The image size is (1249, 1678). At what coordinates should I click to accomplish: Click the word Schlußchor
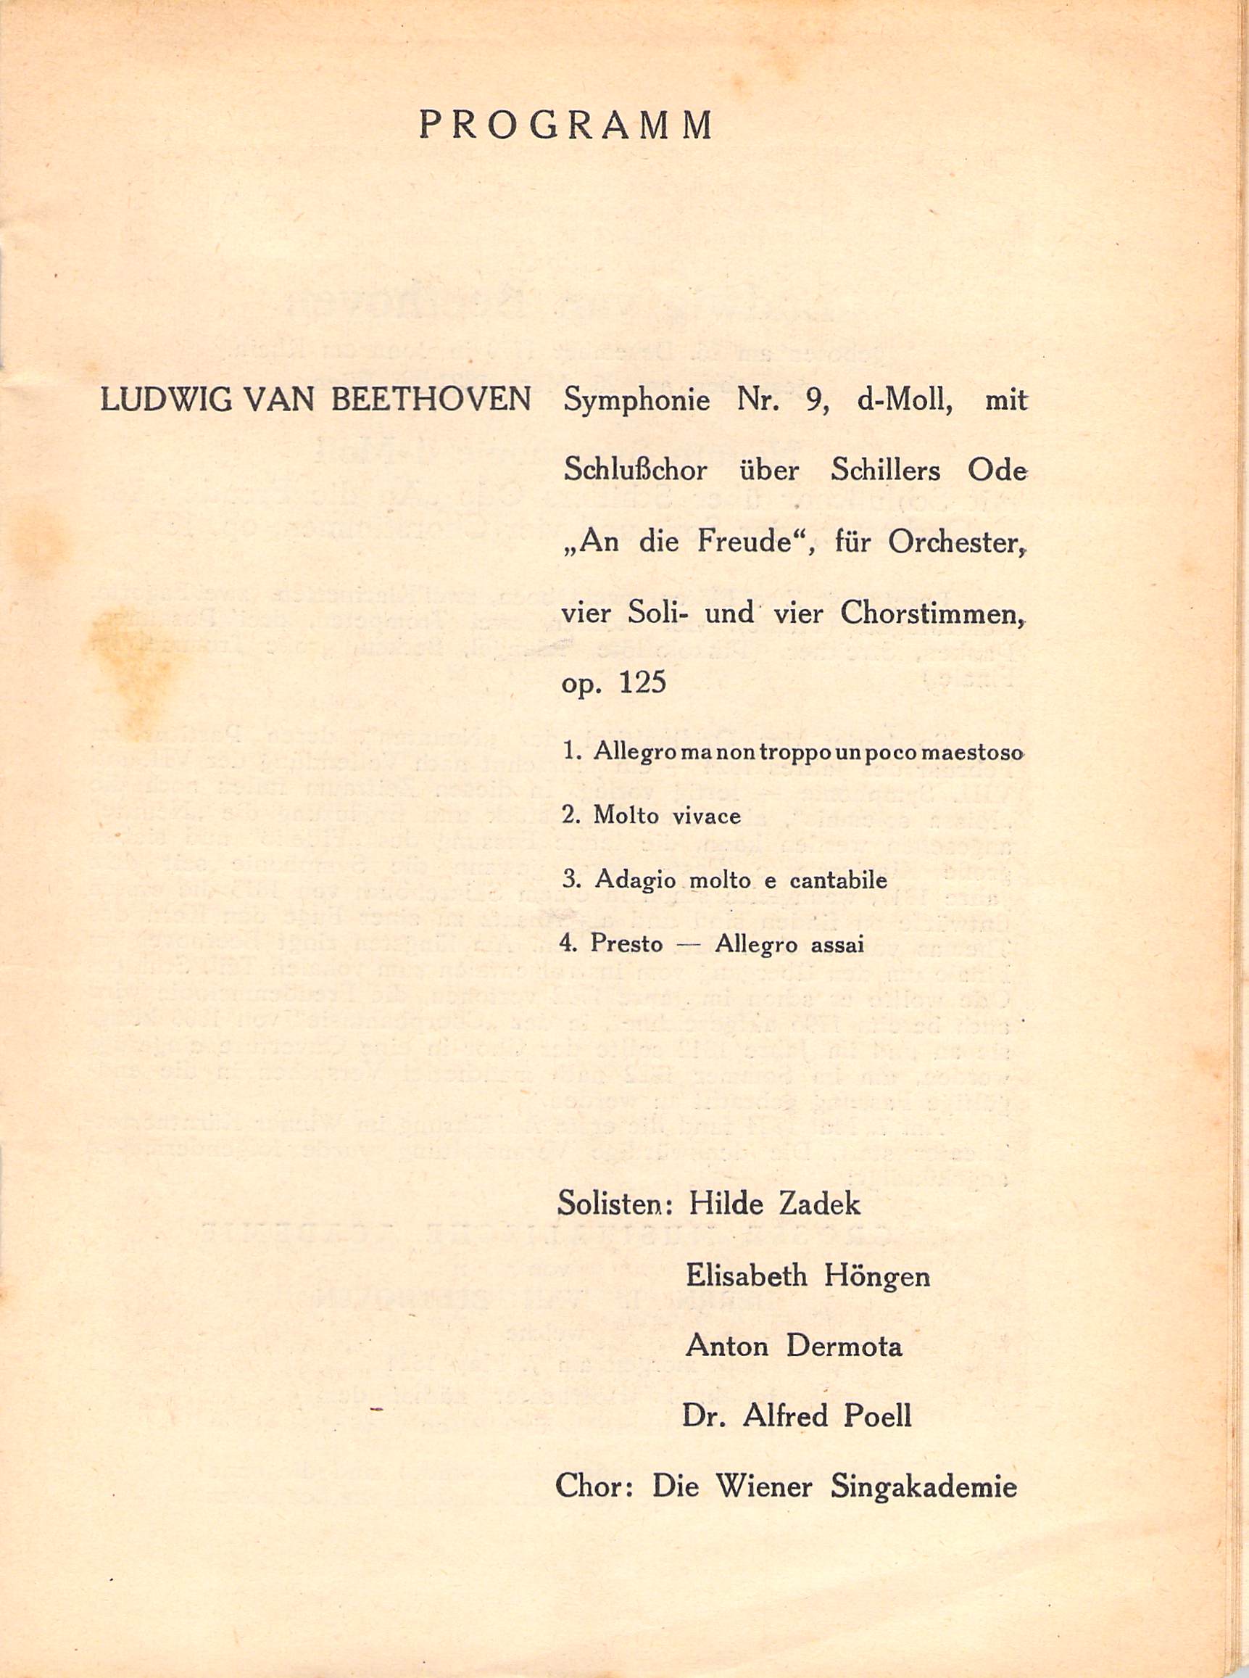click(636, 471)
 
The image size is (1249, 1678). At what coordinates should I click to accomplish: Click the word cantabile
click(838, 880)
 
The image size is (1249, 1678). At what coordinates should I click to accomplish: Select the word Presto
click(627, 944)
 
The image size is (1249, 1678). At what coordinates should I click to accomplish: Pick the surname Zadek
click(820, 1203)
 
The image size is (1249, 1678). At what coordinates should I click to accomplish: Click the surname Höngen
click(878, 1276)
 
